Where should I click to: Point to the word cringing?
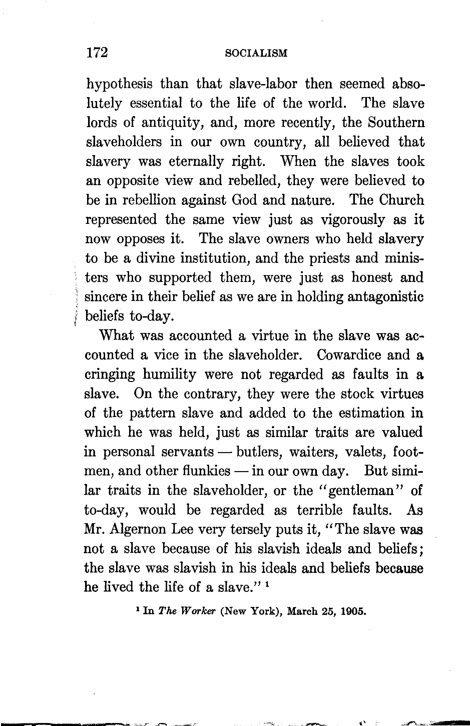click(110, 375)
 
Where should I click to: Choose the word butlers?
click(259, 452)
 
